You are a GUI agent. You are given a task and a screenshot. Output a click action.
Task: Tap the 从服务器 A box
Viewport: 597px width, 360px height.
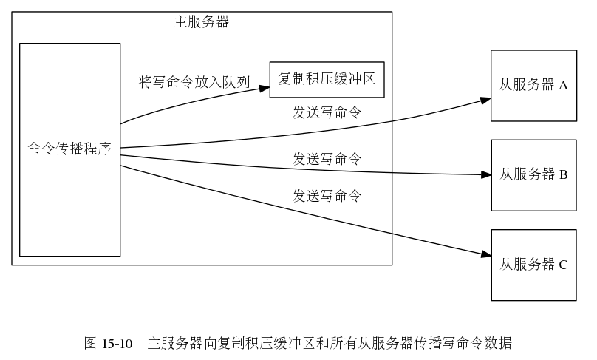pyautogui.click(x=533, y=85)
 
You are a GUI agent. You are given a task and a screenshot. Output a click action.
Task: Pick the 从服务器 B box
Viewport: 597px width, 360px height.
pyautogui.click(x=533, y=175)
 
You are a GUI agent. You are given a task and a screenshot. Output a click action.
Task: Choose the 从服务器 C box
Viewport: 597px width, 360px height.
pyautogui.click(x=533, y=265)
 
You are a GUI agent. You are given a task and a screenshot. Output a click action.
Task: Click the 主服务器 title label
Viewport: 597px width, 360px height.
pyautogui.click(x=202, y=22)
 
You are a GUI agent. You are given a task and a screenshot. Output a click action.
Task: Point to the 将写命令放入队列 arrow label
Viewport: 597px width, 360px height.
pyautogui.click(x=194, y=82)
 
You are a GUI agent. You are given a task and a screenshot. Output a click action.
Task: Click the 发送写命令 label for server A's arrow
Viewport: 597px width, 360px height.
pyautogui.click(x=327, y=113)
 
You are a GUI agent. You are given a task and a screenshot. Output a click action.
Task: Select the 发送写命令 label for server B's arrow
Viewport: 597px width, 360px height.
pyautogui.click(x=327, y=159)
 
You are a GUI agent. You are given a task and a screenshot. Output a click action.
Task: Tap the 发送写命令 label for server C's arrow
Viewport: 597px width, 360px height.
pyautogui.click(x=327, y=197)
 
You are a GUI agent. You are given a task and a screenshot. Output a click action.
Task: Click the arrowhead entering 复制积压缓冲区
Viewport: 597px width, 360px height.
pyautogui.click(x=265, y=89)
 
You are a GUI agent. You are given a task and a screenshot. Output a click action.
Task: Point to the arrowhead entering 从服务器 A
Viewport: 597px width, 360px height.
pyautogui.click(x=485, y=98)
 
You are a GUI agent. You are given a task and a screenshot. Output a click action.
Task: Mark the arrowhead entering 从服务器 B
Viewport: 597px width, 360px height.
pyautogui.click(x=486, y=175)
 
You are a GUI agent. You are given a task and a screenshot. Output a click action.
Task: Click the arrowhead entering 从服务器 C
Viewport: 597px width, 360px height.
pyautogui.click(x=485, y=255)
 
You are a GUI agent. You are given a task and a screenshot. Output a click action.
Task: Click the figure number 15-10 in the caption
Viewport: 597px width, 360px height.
pyautogui.click(x=117, y=344)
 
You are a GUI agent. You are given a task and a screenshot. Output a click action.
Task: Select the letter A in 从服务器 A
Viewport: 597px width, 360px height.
pyautogui.click(x=563, y=86)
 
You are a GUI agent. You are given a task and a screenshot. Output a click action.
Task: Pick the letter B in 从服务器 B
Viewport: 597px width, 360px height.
pyautogui.click(x=563, y=175)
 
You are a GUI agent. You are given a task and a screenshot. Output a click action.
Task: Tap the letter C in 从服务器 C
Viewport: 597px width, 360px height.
pyautogui.click(x=563, y=265)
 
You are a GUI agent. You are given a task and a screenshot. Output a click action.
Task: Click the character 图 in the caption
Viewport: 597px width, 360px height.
pyautogui.click(x=91, y=344)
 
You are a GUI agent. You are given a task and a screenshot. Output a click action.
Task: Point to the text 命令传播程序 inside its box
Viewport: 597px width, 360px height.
pyautogui.click(x=69, y=149)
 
